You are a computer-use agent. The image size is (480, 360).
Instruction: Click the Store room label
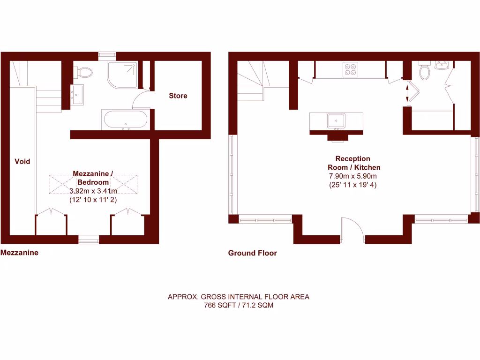click(x=178, y=96)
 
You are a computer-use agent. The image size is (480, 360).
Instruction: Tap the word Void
click(x=22, y=161)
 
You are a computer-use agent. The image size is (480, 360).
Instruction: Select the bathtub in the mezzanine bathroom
click(x=126, y=120)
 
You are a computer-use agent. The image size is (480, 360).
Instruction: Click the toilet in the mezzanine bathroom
click(x=84, y=72)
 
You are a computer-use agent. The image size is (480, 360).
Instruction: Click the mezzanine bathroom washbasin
click(x=77, y=94)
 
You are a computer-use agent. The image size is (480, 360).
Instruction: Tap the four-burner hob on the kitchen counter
click(x=350, y=69)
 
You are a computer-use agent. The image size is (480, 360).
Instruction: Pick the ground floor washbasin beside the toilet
click(x=442, y=65)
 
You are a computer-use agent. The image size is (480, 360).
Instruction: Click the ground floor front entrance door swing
click(x=352, y=230)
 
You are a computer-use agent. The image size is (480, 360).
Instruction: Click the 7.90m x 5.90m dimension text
click(x=353, y=176)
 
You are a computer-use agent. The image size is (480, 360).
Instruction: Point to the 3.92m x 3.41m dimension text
click(x=93, y=191)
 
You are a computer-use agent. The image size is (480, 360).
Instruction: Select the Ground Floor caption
click(x=252, y=253)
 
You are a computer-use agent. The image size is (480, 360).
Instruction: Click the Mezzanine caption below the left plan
click(x=19, y=252)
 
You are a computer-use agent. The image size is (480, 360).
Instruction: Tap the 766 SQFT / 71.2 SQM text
click(x=239, y=305)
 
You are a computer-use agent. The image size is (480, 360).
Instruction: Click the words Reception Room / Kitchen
click(x=353, y=163)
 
